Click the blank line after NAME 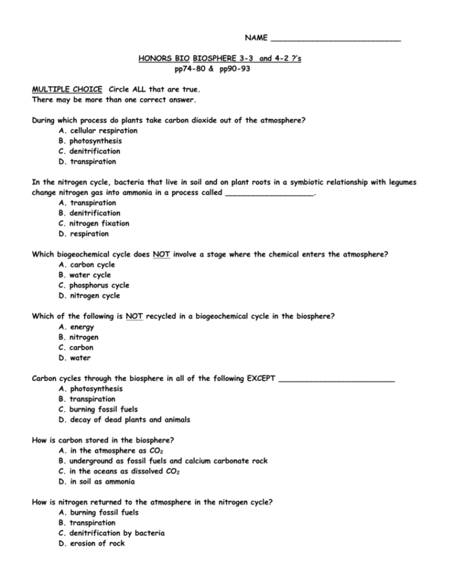point(336,39)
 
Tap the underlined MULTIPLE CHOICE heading point(67,89)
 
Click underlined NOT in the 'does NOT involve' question point(161,255)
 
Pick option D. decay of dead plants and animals point(124,419)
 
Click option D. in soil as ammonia point(97,482)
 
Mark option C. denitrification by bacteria point(111,533)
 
